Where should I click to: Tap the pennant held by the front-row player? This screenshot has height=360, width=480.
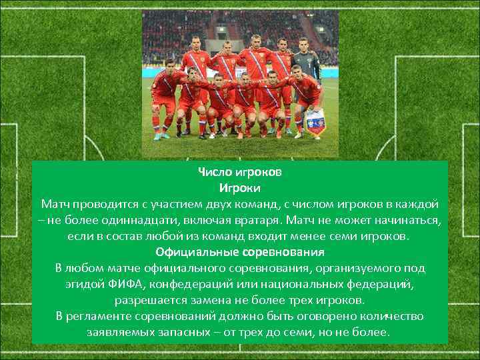point(313,122)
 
